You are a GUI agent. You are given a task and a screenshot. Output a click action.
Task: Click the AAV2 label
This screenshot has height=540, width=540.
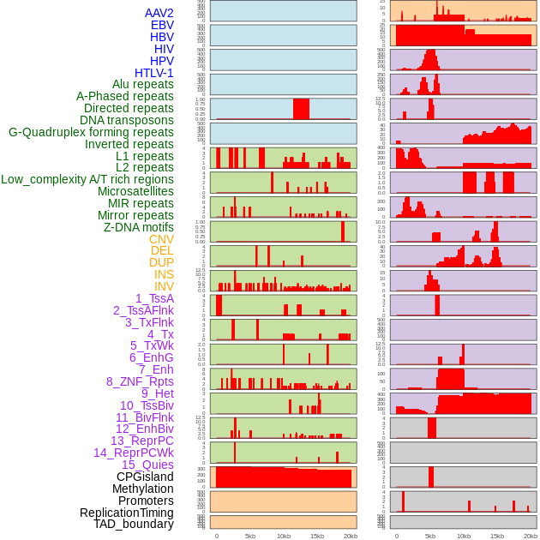pos(159,14)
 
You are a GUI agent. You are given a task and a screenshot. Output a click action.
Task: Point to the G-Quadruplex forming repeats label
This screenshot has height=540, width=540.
pos(91,132)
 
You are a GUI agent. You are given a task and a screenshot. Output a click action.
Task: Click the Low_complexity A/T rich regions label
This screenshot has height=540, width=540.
pos(87,179)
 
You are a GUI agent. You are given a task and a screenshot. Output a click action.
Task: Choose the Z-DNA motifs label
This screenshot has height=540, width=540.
pos(138,227)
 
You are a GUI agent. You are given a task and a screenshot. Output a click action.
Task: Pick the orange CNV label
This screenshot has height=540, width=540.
pos(161,239)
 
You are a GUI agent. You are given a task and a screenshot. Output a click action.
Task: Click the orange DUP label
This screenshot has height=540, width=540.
pos(161,262)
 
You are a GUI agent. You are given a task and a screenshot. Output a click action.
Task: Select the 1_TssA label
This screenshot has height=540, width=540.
pos(154,298)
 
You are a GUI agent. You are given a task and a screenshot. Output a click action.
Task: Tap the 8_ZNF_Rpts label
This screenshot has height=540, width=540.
pos(140,381)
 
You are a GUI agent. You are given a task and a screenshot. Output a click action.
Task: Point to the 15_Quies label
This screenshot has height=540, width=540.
pos(147,465)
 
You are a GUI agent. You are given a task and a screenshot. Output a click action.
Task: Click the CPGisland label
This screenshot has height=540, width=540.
pos(145,477)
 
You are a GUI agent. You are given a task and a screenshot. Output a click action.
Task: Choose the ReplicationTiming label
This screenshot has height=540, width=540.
pos(126,513)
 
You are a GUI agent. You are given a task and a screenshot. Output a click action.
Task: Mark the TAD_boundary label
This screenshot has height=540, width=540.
pos(133,524)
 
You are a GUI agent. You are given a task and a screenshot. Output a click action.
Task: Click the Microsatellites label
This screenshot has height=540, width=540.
pos(135,191)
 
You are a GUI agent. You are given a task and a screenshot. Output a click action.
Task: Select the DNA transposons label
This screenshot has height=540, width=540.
pos(127,120)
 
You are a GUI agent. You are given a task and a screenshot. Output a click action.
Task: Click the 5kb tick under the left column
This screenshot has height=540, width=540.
pos(250,536)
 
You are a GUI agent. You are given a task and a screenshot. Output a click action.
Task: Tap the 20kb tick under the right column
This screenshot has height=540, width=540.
pos(531,536)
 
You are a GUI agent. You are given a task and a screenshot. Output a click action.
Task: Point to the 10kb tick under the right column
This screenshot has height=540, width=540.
pos(463,536)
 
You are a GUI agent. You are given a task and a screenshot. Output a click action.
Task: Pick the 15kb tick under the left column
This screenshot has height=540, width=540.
pos(317,536)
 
